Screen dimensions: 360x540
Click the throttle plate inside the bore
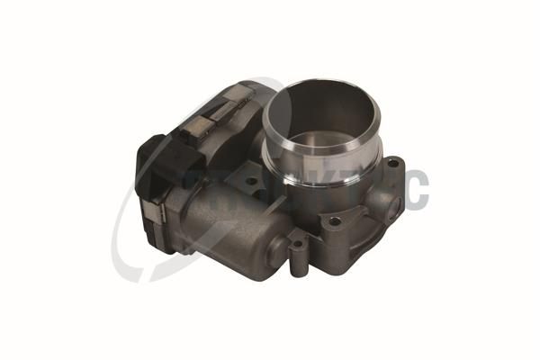click(x=326, y=141)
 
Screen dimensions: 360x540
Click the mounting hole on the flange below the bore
click(x=335, y=220)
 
